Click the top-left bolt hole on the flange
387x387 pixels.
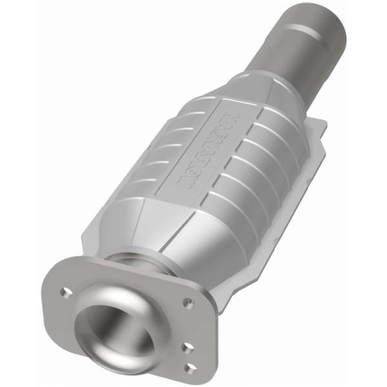pyautogui.click(x=65, y=292)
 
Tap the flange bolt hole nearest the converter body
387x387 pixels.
pyautogui.click(x=188, y=302)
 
